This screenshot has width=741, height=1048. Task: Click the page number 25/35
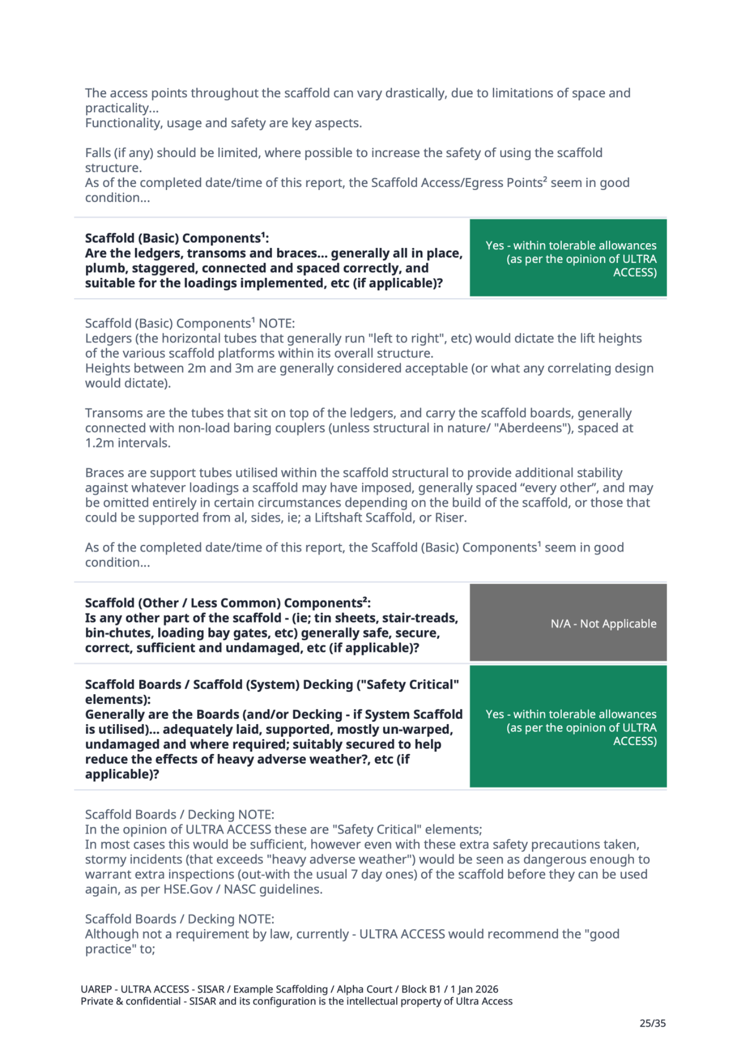pyautogui.click(x=652, y=1022)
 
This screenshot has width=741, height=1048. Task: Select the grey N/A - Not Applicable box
pyautogui.click(x=568, y=623)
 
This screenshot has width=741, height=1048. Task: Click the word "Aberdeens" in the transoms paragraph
pyautogui.click(x=529, y=428)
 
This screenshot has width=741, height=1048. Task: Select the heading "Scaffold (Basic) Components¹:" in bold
pyautogui.click(x=177, y=238)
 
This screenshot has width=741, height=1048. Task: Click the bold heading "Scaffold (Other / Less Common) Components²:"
pyautogui.click(x=227, y=603)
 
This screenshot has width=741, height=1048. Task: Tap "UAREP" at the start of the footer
pyautogui.click(x=96, y=989)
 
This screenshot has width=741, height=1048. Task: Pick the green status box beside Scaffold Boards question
pyautogui.click(x=568, y=726)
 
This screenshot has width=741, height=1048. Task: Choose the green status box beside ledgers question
pyautogui.click(x=568, y=258)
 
